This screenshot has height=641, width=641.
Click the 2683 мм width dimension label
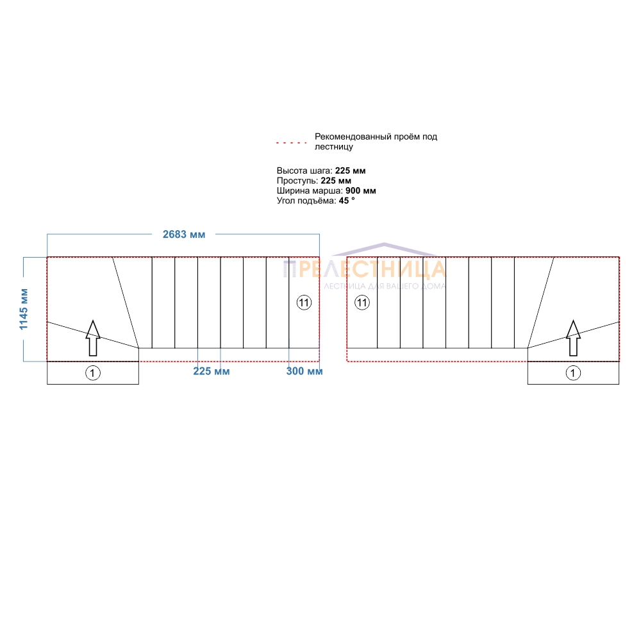pyautogui.click(x=184, y=234)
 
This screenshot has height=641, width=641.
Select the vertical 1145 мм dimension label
pyautogui.click(x=24, y=309)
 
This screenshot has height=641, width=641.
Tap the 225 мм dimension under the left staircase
pyautogui.click(x=212, y=371)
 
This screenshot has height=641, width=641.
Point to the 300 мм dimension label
pyautogui.click(x=304, y=371)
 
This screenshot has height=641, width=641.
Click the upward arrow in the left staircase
pyautogui.click(x=93, y=338)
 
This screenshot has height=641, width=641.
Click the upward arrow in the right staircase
pyautogui.click(x=573, y=338)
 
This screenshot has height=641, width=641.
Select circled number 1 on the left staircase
pyautogui.click(x=93, y=373)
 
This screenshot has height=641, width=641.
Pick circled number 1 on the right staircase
pyautogui.click(x=573, y=373)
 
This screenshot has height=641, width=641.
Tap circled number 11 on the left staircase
pyautogui.click(x=304, y=303)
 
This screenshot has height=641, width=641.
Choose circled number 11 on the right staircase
pyautogui.click(x=362, y=303)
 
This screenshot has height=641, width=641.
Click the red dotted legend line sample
pyautogui.click(x=291, y=143)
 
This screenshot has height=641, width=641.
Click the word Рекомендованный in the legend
pyautogui.click(x=353, y=137)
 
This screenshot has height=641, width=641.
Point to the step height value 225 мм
pyautogui.click(x=351, y=171)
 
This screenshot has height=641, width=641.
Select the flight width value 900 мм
pyautogui.click(x=360, y=190)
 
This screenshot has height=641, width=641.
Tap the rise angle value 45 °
pyautogui.click(x=347, y=201)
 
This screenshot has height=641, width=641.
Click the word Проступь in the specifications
pyautogui.click(x=297, y=181)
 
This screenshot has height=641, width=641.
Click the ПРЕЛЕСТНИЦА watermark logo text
pyautogui.click(x=365, y=269)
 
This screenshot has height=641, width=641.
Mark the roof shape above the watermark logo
pyautogui.click(x=384, y=249)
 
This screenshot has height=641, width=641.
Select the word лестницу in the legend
pyautogui.click(x=333, y=147)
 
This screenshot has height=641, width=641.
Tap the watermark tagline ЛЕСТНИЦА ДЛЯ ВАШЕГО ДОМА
pyautogui.click(x=385, y=286)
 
